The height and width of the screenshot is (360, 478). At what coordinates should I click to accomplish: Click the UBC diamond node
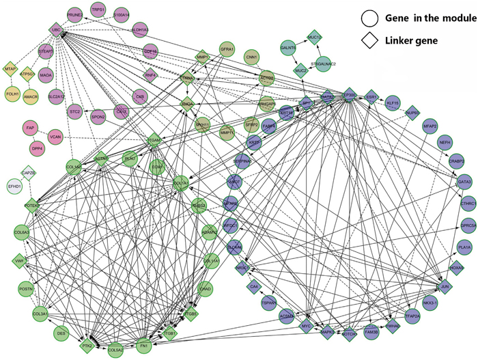click(x=56, y=30)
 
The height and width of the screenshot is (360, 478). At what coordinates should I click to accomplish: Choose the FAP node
click(x=30, y=127)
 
